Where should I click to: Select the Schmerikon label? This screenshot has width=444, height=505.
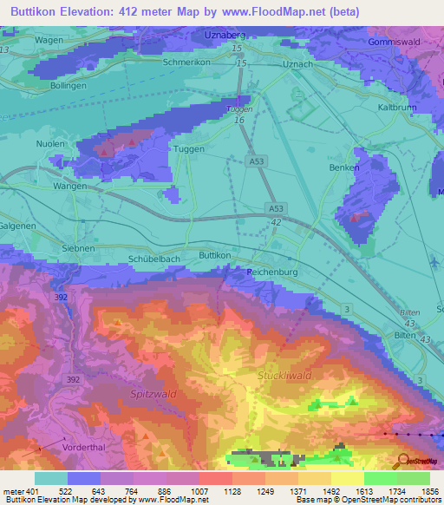(189, 63)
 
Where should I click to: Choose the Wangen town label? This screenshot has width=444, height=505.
(70, 186)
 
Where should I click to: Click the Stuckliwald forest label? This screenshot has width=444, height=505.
(284, 375)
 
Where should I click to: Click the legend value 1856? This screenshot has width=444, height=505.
(428, 492)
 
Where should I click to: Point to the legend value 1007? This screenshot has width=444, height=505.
(199, 492)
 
